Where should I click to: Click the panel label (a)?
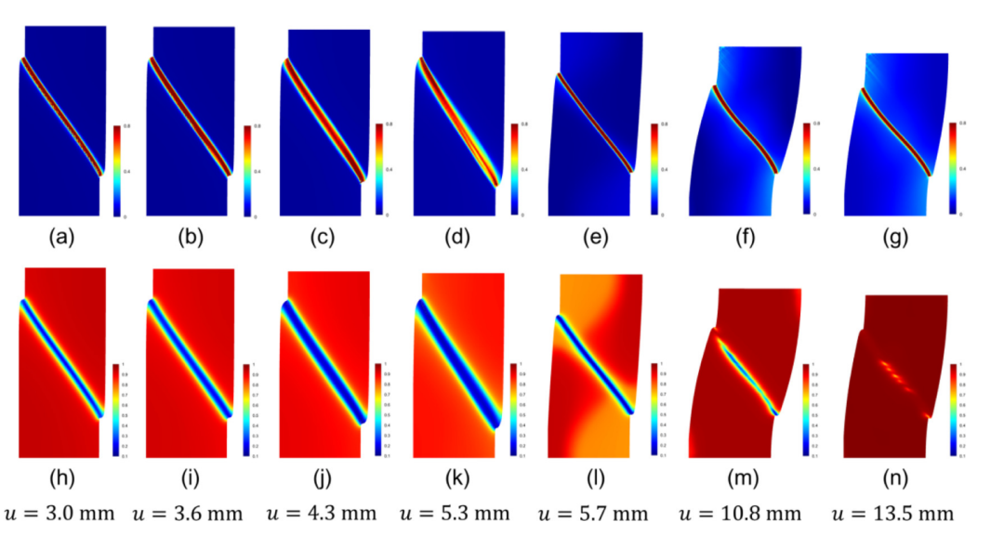pos(61,238)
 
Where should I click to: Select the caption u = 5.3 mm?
pos(456,514)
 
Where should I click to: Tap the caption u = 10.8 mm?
pos(739,514)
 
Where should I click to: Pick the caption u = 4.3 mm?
pos(322,514)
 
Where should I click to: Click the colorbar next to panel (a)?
pos(115,170)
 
